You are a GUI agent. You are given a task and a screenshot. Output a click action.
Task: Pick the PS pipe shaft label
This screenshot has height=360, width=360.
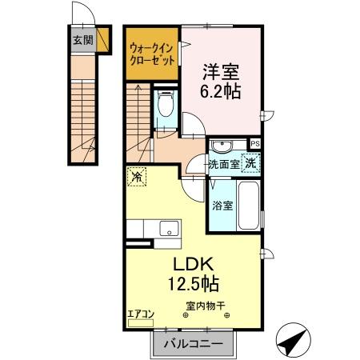pos(255,144)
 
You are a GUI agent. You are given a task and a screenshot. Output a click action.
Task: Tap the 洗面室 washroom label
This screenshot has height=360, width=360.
pos(224,164)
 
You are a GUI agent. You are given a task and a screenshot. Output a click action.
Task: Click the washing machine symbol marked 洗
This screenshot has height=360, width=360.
pos(251,162)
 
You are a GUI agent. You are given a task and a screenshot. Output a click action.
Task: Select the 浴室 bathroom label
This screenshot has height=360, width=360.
pos(222,205)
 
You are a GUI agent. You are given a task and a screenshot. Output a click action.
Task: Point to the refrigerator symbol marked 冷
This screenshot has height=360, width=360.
pos(137,177)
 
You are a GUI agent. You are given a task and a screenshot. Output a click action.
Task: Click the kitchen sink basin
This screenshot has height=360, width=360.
pos(167,228)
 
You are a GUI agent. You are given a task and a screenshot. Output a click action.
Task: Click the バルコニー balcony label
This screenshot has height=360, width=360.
pos(193,345)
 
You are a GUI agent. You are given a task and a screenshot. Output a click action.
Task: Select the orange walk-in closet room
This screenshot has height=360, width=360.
pos(151,54)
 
